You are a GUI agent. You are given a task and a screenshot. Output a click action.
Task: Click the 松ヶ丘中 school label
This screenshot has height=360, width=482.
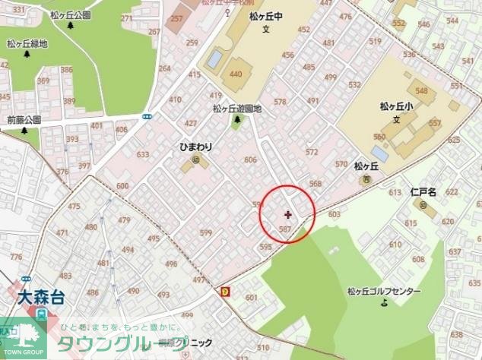point(267,16)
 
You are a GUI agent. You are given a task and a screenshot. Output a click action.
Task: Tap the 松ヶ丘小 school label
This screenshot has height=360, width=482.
point(395,107)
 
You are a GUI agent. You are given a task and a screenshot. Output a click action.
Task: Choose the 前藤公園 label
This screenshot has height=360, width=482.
point(24,120)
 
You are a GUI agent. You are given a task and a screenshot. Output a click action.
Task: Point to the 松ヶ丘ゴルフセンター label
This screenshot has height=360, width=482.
point(383,291)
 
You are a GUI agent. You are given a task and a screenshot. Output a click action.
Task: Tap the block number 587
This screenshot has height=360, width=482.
point(286,229)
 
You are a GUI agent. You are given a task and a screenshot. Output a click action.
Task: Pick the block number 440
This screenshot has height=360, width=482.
point(236,74)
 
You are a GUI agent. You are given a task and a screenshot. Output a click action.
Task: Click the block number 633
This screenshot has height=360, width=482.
point(143,155)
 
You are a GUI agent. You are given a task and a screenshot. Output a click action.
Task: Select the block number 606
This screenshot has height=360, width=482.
point(250,159)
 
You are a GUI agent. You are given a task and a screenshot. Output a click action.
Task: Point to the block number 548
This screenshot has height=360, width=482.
point(421,92)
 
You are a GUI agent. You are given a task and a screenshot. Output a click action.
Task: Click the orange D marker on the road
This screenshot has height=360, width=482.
point(225,290)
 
